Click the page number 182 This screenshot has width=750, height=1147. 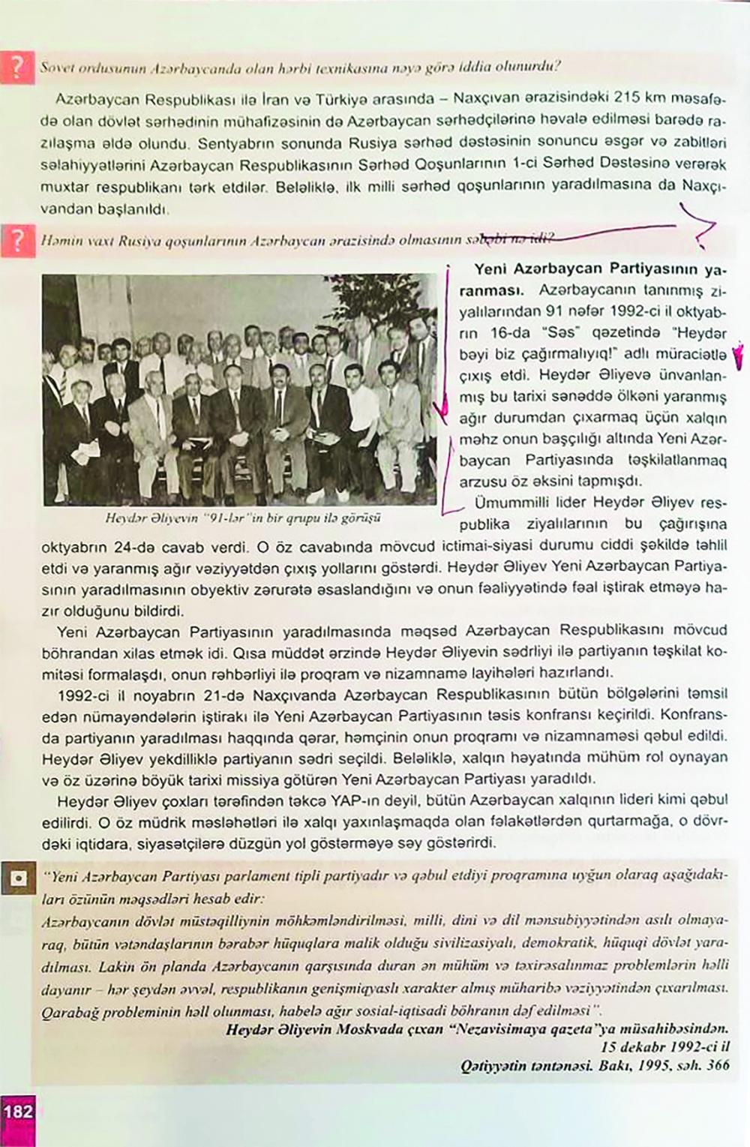[18, 1110]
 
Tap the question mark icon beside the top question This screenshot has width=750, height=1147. [16, 68]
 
